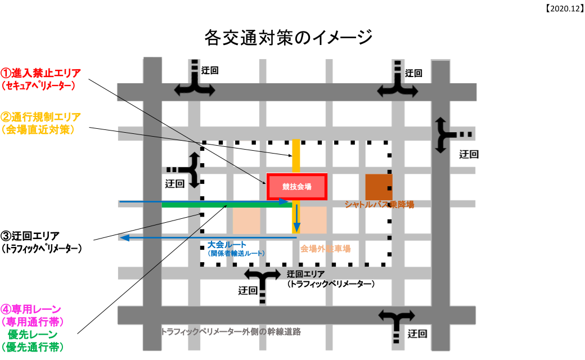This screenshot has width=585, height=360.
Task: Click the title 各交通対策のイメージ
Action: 289,38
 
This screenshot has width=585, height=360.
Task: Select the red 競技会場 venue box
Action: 296,186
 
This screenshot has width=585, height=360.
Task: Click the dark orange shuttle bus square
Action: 379,187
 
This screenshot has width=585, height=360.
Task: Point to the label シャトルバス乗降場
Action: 379,204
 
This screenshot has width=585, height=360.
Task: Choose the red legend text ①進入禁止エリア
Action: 40,73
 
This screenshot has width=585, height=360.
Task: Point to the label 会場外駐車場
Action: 325,248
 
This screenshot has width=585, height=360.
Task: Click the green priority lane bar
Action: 225,205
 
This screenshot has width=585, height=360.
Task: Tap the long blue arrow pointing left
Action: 208,238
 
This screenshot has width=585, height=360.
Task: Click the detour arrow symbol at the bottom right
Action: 397,325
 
